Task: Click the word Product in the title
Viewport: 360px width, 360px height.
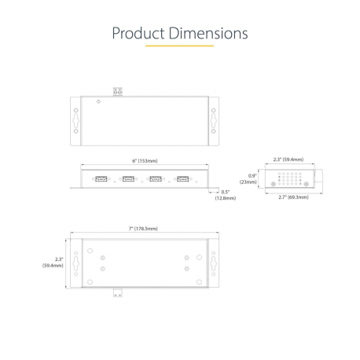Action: click(138, 34)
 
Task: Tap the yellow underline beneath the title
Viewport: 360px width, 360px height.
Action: click(180, 46)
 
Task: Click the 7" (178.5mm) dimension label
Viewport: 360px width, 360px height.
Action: click(142, 228)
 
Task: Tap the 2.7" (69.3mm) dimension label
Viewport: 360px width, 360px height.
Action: click(292, 197)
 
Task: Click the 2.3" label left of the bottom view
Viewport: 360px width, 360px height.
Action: click(53, 263)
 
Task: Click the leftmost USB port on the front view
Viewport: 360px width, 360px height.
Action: click(101, 178)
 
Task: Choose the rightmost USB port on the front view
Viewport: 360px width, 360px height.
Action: click(183, 178)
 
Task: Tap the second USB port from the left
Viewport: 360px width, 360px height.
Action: click(128, 178)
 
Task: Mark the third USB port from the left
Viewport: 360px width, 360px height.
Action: click(156, 178)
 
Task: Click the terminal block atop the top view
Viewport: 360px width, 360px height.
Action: click(119, 92)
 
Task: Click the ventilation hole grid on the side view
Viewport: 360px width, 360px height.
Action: click(292, 178)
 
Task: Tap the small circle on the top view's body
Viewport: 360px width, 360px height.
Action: click(97, 101)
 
